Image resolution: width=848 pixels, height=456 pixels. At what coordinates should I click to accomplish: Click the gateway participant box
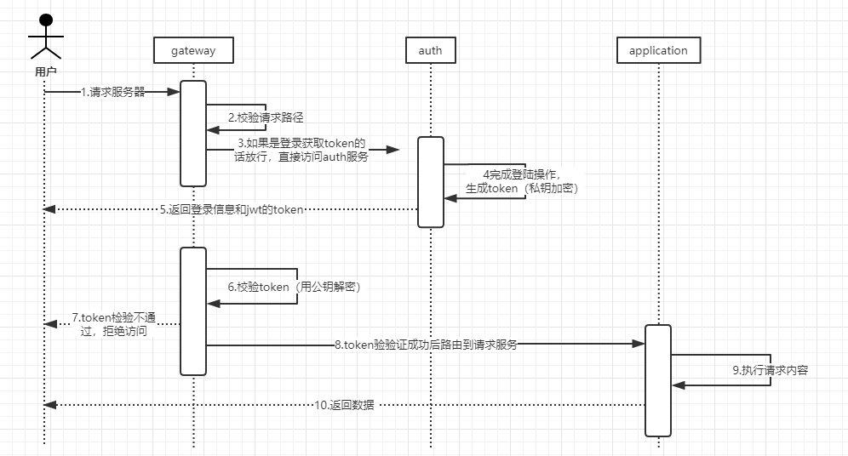pyautogui.click(x=193, y=50)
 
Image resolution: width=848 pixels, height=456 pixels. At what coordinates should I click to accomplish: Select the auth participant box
pyautogui.click(x=430, y=50)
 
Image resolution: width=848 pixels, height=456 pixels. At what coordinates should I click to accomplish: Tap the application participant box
pyautogui.click(x=658, y=50)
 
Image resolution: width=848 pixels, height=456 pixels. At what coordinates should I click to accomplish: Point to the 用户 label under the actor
pyautogui.click(x=45, y=72)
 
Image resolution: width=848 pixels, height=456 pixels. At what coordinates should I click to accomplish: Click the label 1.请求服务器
pyautogui.click(x=112, y=92)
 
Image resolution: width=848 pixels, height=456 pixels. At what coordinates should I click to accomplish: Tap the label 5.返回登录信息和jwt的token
pyautogui.click(x=231, y=208)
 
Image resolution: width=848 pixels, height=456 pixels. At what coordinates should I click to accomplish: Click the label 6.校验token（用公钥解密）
pyautogui.click(x=295, y=287)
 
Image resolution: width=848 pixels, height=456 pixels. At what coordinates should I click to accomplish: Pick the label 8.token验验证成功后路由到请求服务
pyautogui.click(x=426, y=345)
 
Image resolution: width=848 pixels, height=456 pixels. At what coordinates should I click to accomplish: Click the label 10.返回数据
pyautogui.click(x=344, y=405)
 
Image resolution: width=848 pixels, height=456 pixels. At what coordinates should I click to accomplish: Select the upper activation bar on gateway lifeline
pyautogui.click(x=193, y=133)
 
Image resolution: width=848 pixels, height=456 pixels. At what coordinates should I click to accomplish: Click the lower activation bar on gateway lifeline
pyautogui.click(x=193, y=311)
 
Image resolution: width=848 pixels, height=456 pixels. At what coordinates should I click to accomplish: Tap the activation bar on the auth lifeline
pyautogui.click(x=431, y=181)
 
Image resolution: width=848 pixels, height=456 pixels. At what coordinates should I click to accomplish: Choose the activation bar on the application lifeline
pyautogui.click(x=658, y=380)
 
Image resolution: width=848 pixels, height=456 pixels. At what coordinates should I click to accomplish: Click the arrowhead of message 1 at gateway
pyautogui.click(x=175, y=92)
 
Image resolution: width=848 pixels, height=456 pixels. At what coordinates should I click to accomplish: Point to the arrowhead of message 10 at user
pyautogui.click(x=49, y=405)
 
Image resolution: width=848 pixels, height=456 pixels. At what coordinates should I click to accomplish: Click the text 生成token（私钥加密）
pyautogui.click(x=522, y=188)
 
